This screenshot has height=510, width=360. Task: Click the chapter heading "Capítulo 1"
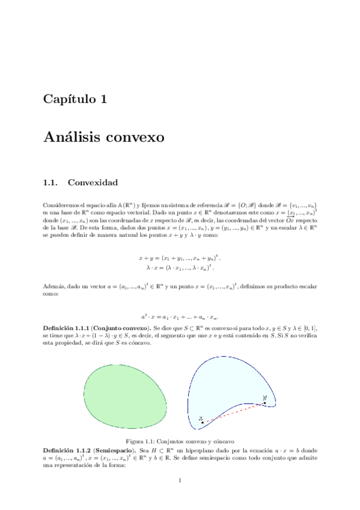75,99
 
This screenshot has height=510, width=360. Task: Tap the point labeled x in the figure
203,422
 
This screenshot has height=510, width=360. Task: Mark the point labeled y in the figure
263,402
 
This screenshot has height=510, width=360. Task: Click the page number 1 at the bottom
180,480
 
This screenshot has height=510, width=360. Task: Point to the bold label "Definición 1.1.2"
67,450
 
